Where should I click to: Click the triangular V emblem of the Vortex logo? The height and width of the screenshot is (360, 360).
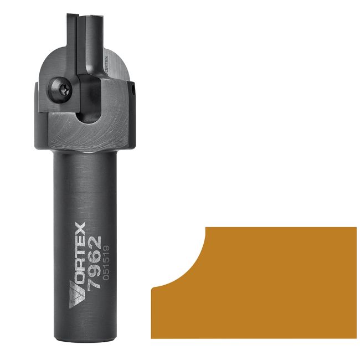pos(76,296)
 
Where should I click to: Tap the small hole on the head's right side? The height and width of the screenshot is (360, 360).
pos(134,87)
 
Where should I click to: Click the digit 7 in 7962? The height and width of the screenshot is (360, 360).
pos(95,283)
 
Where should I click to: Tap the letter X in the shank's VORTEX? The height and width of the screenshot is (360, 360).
pos(77,229)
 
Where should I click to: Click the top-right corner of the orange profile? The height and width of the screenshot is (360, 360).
pos(356,227)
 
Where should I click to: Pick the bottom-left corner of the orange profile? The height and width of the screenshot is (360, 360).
pos(152,337)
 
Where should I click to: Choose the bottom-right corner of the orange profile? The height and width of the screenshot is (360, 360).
pos(356,337)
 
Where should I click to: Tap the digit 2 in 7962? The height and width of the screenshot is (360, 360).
pos(95,241)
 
